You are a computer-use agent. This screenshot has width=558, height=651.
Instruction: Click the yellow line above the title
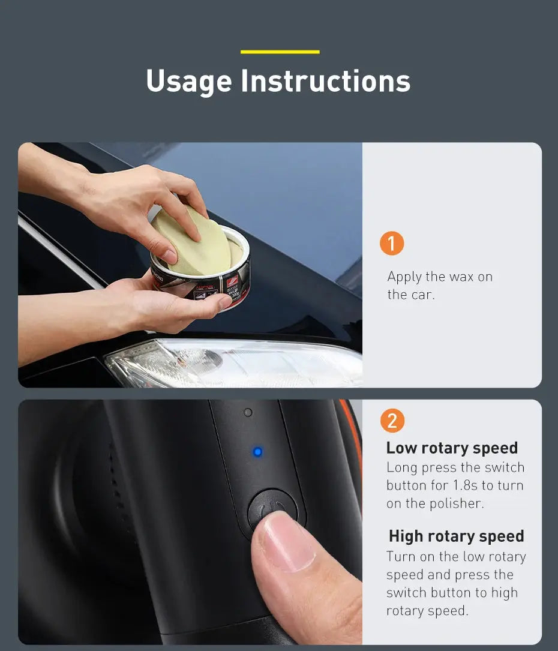[x=280, y=52]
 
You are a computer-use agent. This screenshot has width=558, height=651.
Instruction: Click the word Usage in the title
[x=188, y=81]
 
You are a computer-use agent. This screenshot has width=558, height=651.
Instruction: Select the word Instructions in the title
[x=325, y=81]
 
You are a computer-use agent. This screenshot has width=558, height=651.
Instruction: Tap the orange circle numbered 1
[x=392, y=244]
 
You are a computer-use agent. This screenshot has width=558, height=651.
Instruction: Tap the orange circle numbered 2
[x=392, y=421]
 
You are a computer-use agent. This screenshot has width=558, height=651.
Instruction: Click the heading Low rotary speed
[x=452, y=448]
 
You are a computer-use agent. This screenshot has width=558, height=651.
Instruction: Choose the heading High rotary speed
[x=456, y=536]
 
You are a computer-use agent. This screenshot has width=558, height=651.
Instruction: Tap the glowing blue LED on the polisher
[x=257, y=452]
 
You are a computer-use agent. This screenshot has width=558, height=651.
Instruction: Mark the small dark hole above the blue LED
[x=248, y=413]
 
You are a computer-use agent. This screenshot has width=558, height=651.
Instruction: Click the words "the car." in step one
[x=410, y=295]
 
